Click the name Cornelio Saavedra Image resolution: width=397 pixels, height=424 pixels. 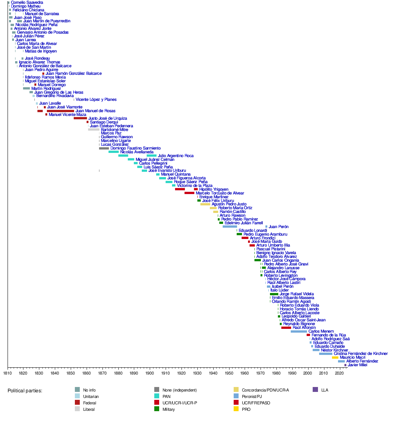(27, 2)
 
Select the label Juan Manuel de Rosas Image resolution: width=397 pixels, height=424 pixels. (95, 111)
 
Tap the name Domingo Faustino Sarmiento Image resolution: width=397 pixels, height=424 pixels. (135, 148)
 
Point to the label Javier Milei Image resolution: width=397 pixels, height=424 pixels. (357, 365)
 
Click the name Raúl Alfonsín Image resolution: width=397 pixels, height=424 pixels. (304, 327)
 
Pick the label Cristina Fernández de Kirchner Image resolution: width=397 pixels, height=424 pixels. (361, 354)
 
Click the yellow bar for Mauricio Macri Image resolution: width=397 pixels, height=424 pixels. (335, 358)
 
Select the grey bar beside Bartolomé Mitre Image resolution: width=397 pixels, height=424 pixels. (94, 130)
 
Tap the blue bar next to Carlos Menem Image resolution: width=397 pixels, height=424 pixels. (299, 331)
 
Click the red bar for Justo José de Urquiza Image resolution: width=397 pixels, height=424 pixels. (81, 118)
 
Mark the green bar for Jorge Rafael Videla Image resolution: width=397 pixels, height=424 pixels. (274, 294)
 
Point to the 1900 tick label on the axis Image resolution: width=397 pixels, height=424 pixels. (150, 373)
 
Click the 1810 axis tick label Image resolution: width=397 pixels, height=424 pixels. (8, 373)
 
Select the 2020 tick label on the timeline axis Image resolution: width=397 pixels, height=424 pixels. (339, 373)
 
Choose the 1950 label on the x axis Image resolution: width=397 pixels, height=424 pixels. (229, 373)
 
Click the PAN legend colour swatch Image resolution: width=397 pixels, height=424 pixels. (157, 396)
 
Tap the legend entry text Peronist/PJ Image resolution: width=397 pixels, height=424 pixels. (252, 396)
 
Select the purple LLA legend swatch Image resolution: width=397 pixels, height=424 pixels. (315, 390)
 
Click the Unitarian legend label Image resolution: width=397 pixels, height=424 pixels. (91, 396)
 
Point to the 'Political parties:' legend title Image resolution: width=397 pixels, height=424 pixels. (25, 391)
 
